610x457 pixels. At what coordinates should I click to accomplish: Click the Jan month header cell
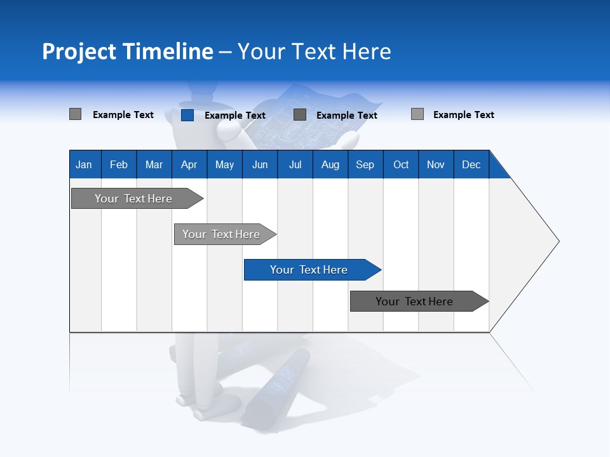pos(85,164)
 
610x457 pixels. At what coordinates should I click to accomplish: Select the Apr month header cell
pos(189,164)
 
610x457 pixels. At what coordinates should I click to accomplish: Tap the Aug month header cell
pos(330,164)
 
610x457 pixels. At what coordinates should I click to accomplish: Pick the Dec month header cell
pos(471,164)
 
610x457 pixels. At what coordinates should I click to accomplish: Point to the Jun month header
pos(260,164)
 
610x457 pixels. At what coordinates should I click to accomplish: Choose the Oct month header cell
pos(401,164)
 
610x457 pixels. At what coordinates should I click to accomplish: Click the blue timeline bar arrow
pos(311,270)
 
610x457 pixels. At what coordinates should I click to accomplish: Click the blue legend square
pos(187,115)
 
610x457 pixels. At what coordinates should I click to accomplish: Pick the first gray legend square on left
pos(75,114)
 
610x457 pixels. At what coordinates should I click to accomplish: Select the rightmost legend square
pos(417,114)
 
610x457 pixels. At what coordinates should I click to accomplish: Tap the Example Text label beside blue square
pos(235,116)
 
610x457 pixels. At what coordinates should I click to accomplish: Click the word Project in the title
pos(79,51)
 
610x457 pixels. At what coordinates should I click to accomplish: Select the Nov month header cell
pos(436,164)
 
